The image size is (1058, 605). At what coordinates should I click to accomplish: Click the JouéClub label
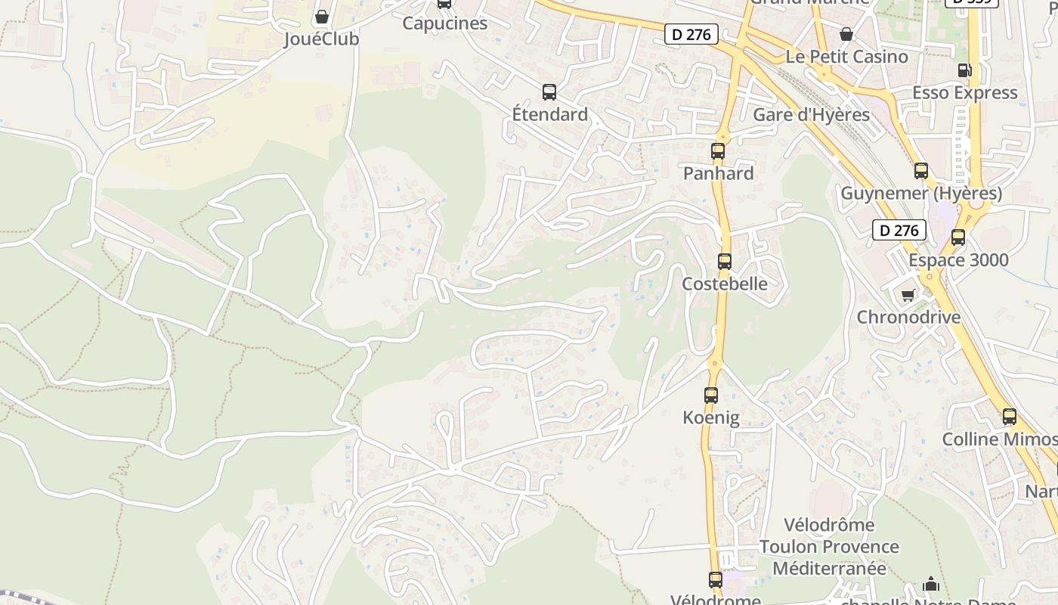[x=321, y=39]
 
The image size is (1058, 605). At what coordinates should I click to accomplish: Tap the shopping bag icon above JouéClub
[x=322, y=17]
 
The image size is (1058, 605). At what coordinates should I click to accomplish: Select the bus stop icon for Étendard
[x=549, y=92]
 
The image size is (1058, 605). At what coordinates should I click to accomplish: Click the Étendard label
[x=549, y=114]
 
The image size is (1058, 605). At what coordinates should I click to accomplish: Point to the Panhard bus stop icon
[x=718, y=151]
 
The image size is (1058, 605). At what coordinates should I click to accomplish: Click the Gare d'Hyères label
[x=811, y=115]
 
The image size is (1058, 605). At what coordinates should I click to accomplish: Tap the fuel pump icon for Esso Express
[x=964, y=70]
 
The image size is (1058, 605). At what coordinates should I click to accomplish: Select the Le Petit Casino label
[x=846, y=57]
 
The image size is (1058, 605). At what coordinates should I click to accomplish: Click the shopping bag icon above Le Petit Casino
[x=846, y=34]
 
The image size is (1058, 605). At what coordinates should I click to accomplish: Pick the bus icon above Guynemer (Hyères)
[x=921, y=171]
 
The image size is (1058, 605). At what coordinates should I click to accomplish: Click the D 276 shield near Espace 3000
[x=899, y=230]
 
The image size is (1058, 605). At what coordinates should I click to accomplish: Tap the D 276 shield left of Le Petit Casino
[x=691, y=34]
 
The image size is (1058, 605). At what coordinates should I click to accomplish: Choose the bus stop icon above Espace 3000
[x=958, y=237]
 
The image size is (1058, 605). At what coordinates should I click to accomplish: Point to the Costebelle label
[x=724, y=284]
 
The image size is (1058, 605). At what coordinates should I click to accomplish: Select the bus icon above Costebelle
[x=725, y=262]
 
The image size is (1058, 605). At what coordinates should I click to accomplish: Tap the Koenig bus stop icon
[x=711, y=396]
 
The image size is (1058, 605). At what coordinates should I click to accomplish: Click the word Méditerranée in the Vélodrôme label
[x=829, y=568]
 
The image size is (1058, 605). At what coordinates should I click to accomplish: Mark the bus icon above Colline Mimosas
[x=1010, y=417]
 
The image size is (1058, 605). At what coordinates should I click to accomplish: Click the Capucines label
[x=444, y=23]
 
